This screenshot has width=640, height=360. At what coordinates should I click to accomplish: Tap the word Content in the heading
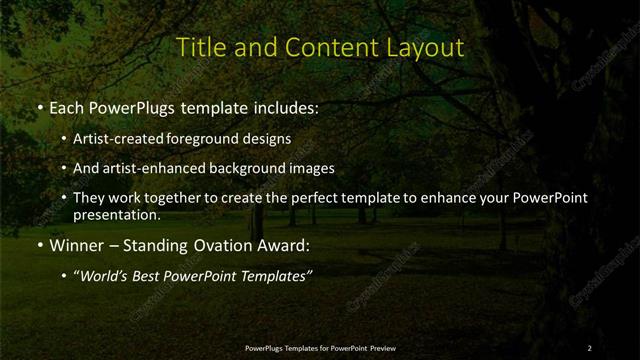tap(320, 47)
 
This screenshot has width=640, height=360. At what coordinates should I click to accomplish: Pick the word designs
tap(270, 139)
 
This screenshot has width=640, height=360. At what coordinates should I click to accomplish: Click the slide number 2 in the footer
tap(590, 347)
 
